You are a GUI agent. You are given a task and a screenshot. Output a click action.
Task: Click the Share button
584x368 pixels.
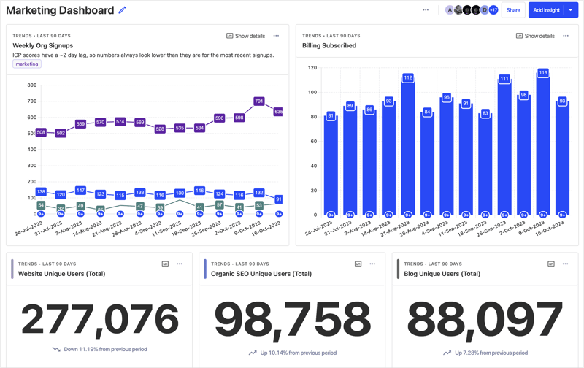click(513, 10)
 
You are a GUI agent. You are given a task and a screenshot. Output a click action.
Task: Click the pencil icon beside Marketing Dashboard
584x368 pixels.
click(122, 10)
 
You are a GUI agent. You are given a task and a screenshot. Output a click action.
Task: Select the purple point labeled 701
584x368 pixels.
click(259, 101)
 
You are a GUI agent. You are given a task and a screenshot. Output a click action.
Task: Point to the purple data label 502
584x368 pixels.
click(61, 133)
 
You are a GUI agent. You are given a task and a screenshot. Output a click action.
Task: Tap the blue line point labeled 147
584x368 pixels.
click(80, 191)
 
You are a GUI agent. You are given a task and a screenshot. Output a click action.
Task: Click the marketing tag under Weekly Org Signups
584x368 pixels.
click(27, 64)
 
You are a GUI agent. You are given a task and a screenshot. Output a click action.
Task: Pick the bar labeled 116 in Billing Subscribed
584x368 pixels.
click(543, 146)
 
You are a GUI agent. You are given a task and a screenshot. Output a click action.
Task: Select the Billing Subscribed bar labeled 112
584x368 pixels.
click(408, 146)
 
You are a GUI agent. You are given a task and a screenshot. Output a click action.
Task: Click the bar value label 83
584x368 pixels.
click(485, 114)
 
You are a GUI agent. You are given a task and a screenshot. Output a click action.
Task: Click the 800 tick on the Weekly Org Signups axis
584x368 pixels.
click(31, 85)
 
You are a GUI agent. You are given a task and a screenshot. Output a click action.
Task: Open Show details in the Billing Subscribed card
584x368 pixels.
click(535, 36)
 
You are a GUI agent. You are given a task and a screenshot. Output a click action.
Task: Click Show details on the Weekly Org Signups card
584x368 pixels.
click(245, 36)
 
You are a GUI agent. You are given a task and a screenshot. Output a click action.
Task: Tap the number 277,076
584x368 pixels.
click(99, 318)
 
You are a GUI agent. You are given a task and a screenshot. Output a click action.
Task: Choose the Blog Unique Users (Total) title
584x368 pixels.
click(442, 274)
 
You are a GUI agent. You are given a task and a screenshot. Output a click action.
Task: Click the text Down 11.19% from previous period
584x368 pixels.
click(105, 349)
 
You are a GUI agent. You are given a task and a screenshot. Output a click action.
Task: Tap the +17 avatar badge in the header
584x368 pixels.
click(493, 10)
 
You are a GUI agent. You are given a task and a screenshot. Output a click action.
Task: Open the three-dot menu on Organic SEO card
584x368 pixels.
click(372, 264)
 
